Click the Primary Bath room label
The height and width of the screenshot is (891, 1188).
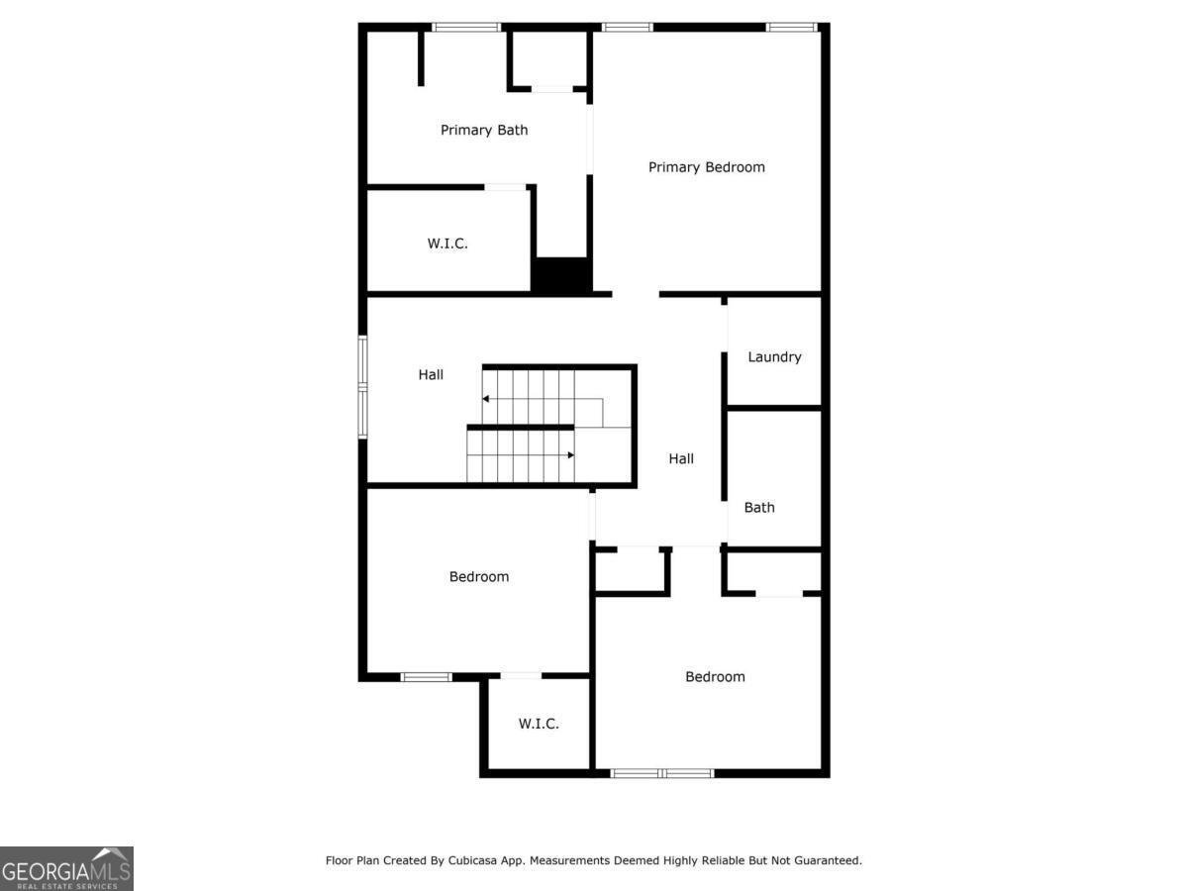click(484, 130)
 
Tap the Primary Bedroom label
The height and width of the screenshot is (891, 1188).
click(706, 167)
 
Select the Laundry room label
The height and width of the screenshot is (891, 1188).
click(774, 357)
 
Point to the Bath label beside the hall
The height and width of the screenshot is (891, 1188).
click(759, 508)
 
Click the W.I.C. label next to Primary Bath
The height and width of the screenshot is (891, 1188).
click(447, 244)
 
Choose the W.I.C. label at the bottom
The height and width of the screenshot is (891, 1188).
click(539, 724)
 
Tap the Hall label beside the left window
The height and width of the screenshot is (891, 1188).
click(431, 374)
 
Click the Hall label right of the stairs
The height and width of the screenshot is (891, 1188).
click(681, 458)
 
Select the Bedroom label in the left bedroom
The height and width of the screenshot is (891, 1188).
click(479, 576)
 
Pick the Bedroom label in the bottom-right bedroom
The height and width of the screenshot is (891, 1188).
click(715, 677)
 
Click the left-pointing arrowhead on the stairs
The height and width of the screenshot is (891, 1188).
click(486, 399)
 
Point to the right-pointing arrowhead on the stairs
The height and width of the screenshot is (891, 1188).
click(571, 455)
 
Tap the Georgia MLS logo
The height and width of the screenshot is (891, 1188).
click(66, 868)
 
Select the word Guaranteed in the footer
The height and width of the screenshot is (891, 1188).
click(828, 861)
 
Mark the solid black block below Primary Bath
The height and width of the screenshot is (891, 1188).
click(561, 274)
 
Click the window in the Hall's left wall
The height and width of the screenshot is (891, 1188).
click(363, 387)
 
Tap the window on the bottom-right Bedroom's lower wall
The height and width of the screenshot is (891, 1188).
click(661, 772)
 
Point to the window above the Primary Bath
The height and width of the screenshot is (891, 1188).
click(466, 27)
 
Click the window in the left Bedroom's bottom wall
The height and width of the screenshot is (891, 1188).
click(426, 677)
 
